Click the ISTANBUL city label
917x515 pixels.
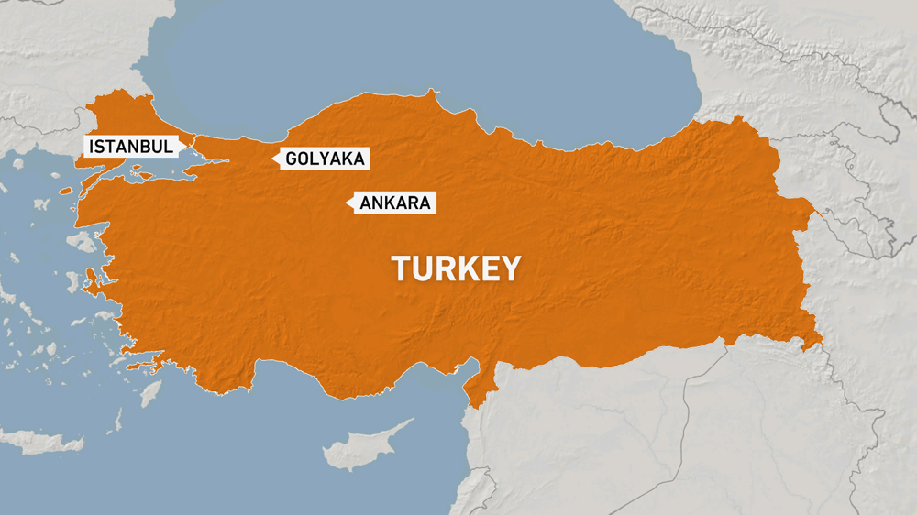130,146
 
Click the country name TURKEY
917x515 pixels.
457,268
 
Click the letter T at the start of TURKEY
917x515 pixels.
401,268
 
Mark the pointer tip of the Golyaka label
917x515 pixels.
273,159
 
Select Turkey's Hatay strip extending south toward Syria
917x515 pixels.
477,389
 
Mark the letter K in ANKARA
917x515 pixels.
390,203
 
